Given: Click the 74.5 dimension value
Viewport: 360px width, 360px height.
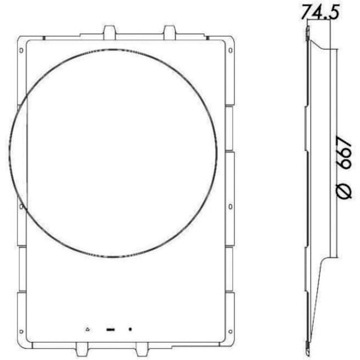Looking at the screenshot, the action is coord(321,12).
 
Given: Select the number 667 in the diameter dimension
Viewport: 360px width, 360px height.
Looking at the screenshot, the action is coord(345,153).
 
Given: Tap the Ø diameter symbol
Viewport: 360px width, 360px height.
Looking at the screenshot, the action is coord(345,190).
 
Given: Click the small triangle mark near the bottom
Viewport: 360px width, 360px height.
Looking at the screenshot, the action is coord(87,329).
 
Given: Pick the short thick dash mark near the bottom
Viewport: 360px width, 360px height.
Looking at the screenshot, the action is coord(111,330).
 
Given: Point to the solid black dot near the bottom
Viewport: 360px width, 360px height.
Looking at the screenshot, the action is coord(130,329).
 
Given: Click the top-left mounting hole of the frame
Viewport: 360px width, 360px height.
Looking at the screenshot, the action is coord(21,51).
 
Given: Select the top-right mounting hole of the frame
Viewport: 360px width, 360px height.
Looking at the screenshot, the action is coord(231,51).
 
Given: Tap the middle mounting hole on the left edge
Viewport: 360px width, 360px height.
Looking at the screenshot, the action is coord(21,207).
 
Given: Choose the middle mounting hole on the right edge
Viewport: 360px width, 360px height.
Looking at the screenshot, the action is coord(231,207).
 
